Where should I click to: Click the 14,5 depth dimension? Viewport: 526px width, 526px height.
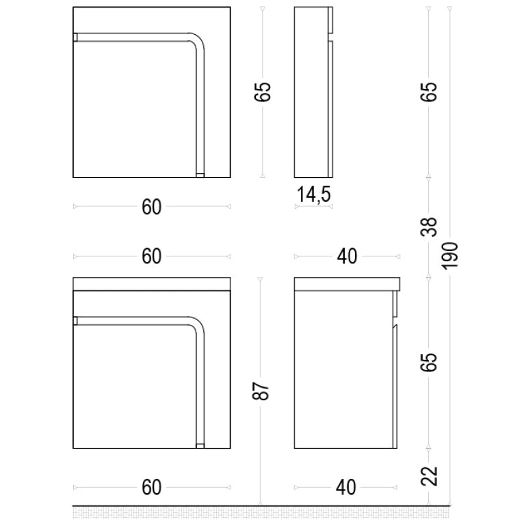pos(314,194)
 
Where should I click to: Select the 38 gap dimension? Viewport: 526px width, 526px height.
pos(429,227)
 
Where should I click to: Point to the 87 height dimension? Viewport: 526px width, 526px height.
pos(261,390)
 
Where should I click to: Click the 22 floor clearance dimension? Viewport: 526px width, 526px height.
pos(430,476)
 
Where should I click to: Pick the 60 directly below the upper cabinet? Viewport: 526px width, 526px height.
pos(152,207)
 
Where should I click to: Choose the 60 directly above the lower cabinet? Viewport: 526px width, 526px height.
pos(152,257)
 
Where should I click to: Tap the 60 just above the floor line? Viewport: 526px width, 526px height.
pos(152,488)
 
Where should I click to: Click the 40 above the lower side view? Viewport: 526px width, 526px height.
pos(347,257)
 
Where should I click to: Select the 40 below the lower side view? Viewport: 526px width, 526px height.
pos(346,488)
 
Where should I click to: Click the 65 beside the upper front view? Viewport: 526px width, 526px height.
pos(262,91)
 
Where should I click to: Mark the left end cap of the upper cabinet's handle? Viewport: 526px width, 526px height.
pos(75,37)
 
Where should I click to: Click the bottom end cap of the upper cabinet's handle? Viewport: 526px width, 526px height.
pos(200,175)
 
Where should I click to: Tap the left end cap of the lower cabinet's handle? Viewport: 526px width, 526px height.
pos(75,321)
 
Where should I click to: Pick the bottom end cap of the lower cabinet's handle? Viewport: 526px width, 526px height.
pos(200,446)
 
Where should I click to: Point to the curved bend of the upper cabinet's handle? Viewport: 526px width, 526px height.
pos(198,40)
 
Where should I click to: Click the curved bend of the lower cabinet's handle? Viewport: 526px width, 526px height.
pos(198,324)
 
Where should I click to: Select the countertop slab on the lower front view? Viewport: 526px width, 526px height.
pos(152,284)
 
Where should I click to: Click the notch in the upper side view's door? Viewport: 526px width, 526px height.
pos(330,37)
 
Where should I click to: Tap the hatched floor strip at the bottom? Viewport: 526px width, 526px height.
pos(261,513)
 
